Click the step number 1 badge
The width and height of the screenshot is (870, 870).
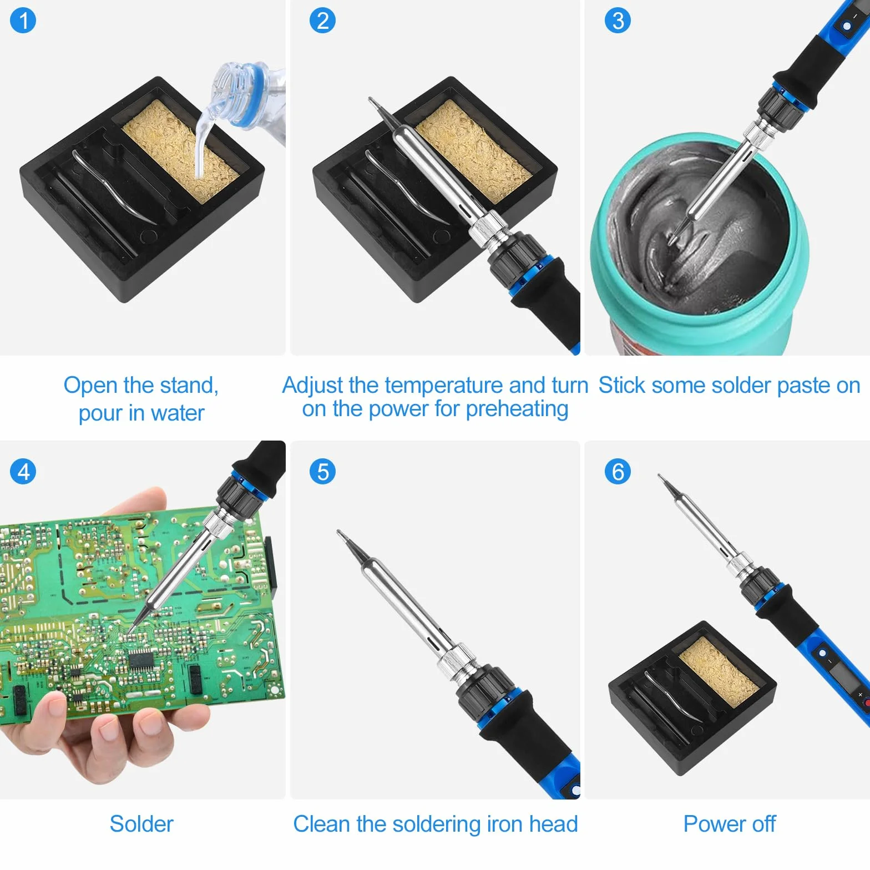coord(23,21)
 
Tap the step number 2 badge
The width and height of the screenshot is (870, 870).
coord(322,21)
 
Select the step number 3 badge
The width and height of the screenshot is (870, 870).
coord(618,21)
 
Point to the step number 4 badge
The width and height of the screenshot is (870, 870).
coord(23,472)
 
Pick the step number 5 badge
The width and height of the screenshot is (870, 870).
coord(322,472)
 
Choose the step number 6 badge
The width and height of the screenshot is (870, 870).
coord(618,472)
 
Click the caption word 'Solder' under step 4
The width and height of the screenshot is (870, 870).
coord(141,824)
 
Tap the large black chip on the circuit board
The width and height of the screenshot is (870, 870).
coord(144,659)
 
